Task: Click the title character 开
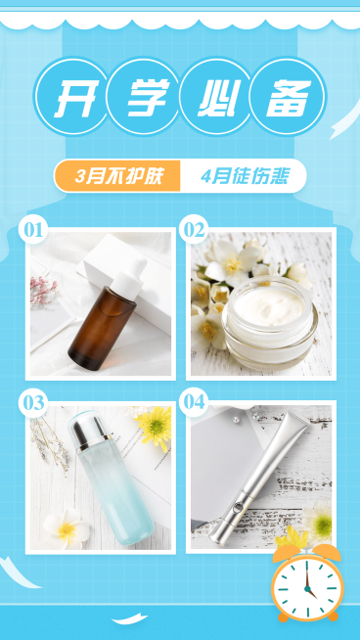tap(71, 99)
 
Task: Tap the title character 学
tap(144, 99)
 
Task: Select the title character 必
tap(216, 99)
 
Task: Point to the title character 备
tap(289, 99)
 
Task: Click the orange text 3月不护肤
tap(117, 176)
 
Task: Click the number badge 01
tap(33, 231)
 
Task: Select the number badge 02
tap(194, 231)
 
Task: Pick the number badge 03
tap(33, 402)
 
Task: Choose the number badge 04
tap(194, 402)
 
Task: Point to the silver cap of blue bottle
tap(85, 432)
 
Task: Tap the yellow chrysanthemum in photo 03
tap(154, 425)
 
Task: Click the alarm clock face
tap(306, 589)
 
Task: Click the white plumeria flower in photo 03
tap(67, 528)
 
